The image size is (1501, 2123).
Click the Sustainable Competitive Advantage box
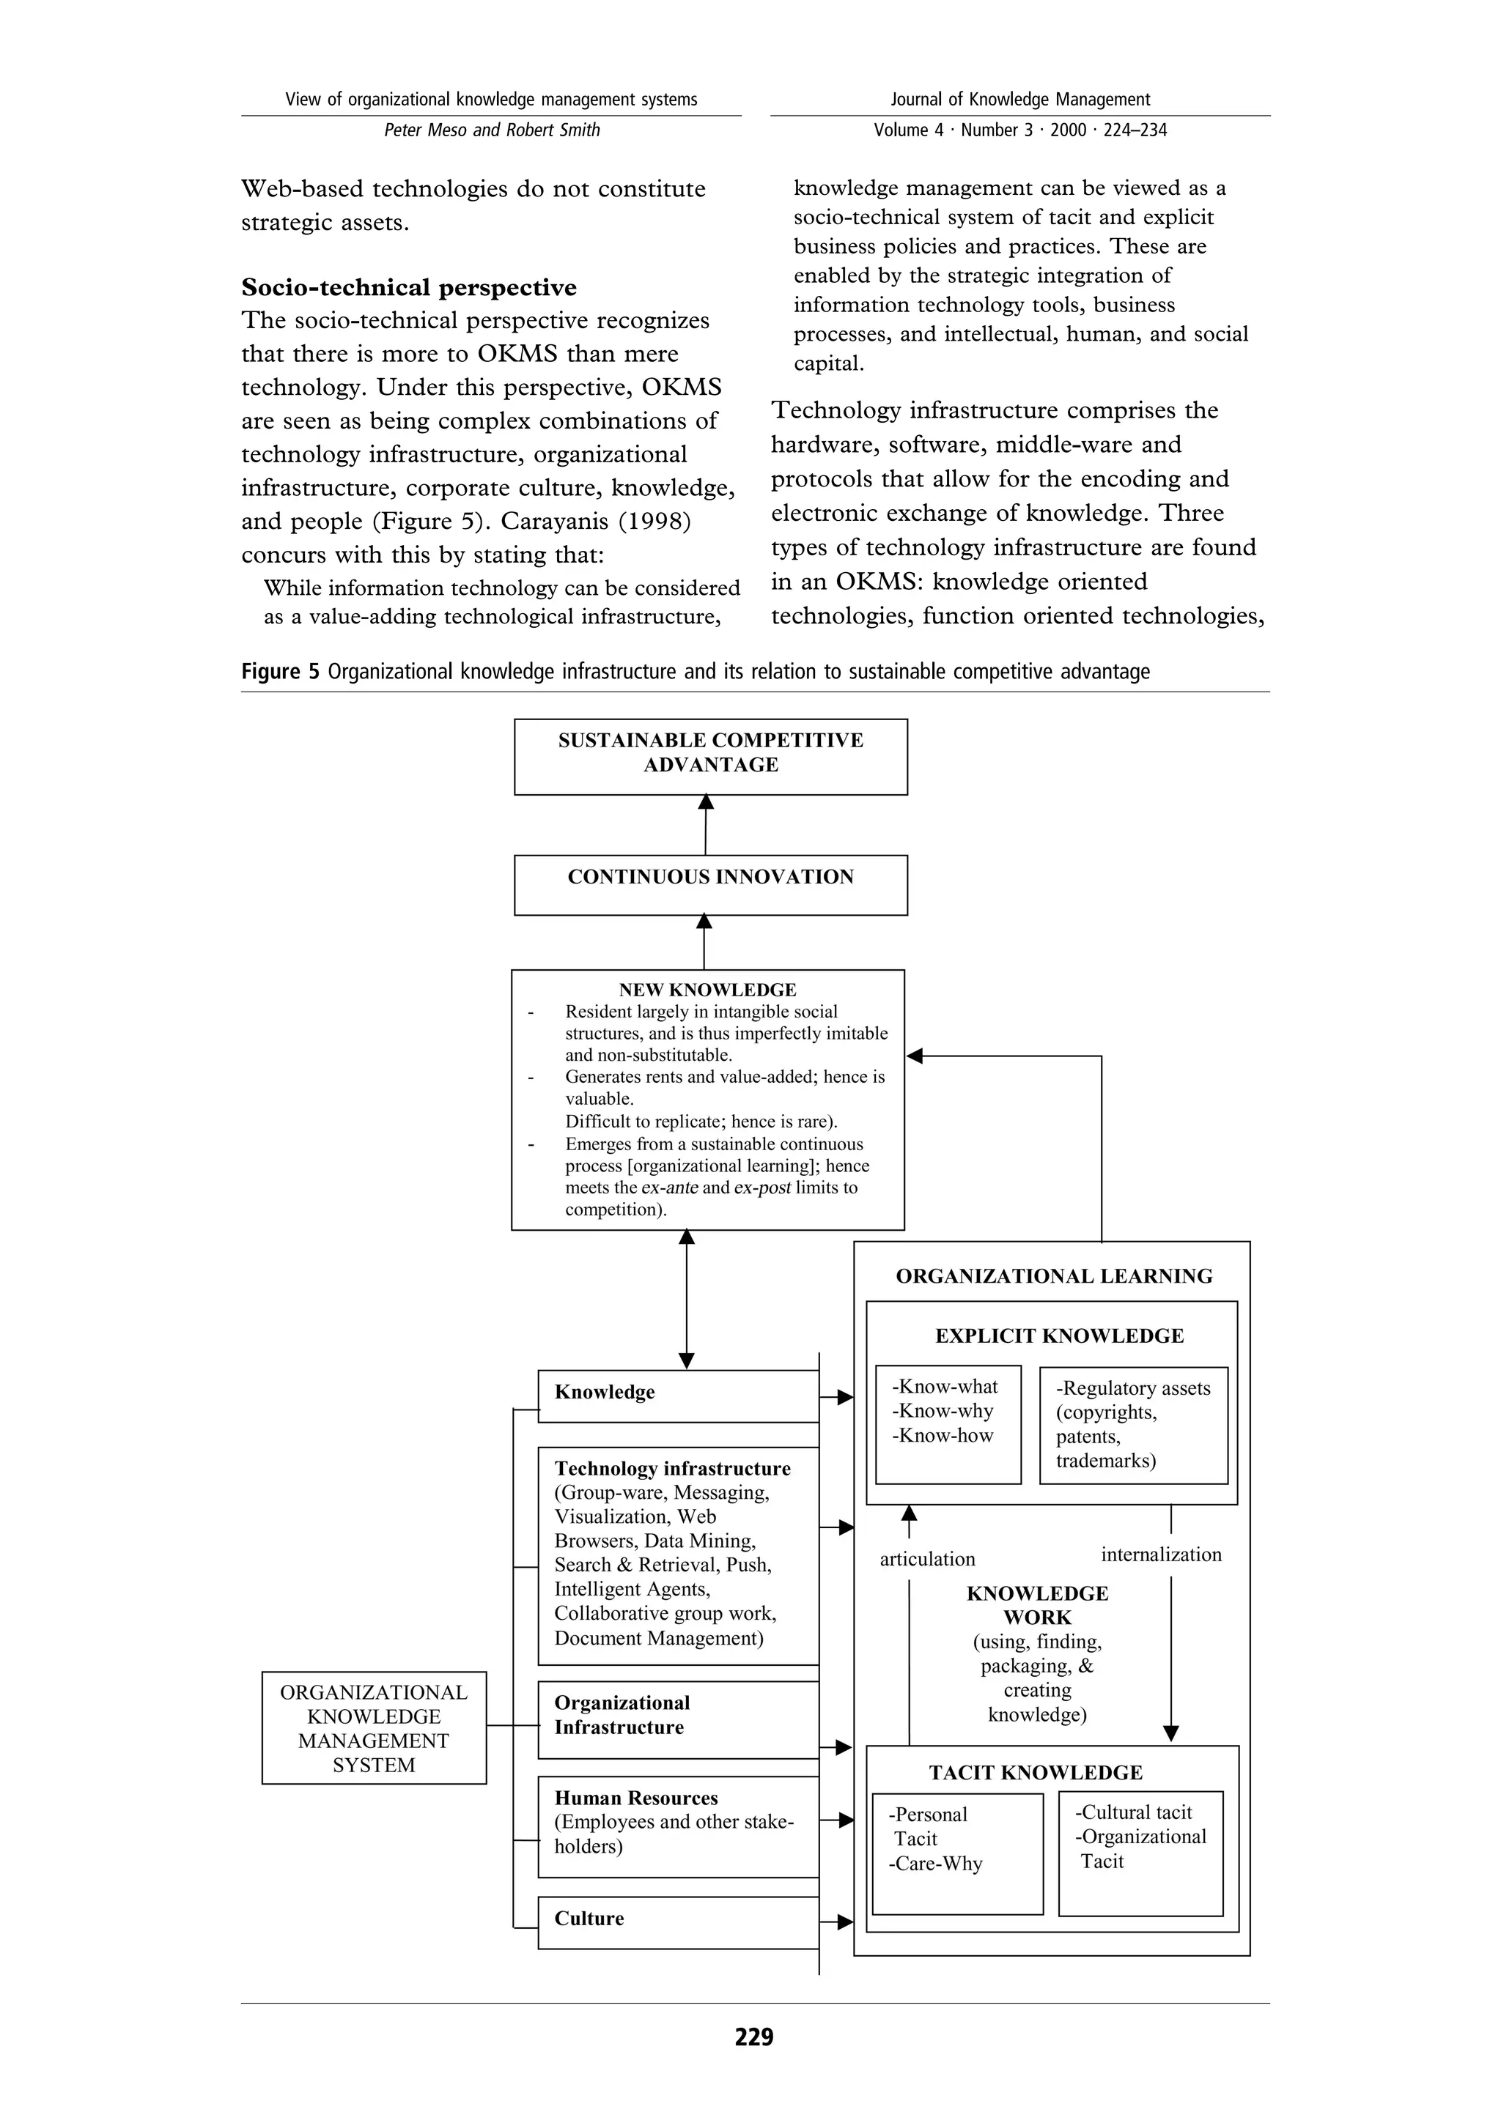(710, 755)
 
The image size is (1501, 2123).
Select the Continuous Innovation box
(710, 884)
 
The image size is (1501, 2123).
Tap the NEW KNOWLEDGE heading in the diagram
(707, 990)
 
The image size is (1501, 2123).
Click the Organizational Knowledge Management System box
(374, 1727)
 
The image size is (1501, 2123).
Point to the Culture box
(678, 1922)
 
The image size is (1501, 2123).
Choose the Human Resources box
(678, 1826)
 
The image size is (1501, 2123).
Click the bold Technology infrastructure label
(672, 1468)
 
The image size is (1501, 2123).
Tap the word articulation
(926, 1559)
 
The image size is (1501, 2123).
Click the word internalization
(1161, 1555)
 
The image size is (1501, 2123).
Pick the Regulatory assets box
(1133, 1425)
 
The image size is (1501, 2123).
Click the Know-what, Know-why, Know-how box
(948, 1424)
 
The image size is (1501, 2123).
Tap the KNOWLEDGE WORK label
(1037, 1605)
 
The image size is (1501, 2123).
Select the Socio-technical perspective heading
(409, 288)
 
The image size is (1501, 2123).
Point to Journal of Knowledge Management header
(1019, 99)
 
